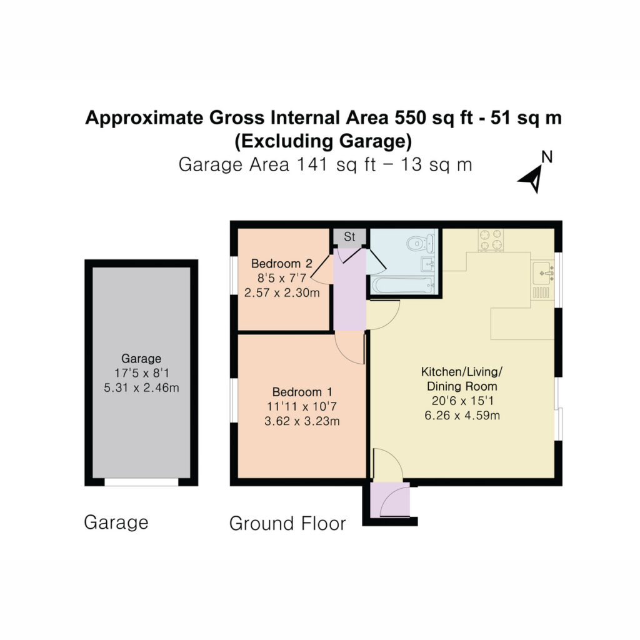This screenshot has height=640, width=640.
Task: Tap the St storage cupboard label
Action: [x=349, y=236]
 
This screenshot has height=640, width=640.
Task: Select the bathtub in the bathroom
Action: [x=402, y=284]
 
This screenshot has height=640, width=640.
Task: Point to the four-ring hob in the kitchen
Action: [x=491, y=239]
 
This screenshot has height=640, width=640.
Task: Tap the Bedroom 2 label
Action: [x=282, y=264]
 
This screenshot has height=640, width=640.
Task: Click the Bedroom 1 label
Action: [x=302, y=392]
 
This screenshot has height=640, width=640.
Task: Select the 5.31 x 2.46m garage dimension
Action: [x=141, y=387]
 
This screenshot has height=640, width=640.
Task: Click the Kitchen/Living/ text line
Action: [x=462, y=372]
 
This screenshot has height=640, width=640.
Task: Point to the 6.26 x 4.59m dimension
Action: [x=462, y=416]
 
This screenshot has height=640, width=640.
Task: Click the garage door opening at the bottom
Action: [x=141, y=482]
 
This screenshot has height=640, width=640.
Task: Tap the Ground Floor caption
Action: [x=287, y=523]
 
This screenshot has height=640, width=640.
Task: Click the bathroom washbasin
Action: [x=428, y=264]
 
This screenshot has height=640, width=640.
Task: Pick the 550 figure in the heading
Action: [x=409, y=117]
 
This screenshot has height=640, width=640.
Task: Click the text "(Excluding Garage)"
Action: [x=323, y=141]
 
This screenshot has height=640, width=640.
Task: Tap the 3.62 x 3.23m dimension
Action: [x=302, y=421]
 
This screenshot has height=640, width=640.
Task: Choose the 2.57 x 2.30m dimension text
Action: [x=282, y=292]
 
